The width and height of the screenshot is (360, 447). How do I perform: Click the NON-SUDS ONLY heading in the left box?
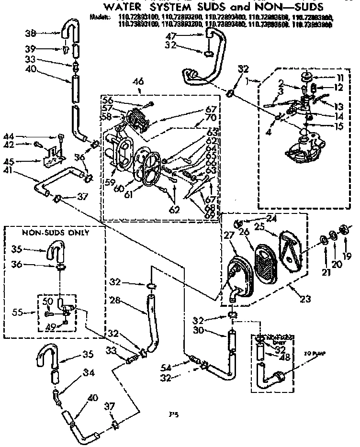56,233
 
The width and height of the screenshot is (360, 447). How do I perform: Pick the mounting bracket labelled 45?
55,156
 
